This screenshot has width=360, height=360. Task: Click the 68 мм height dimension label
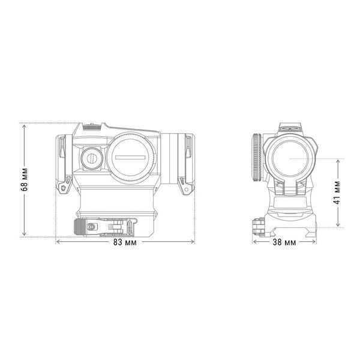[25, 179]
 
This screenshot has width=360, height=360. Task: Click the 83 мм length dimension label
[125, 242]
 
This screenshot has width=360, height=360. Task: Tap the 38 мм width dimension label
[284, 242]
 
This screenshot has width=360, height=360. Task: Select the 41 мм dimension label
[337, 193]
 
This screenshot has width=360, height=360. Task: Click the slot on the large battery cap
[130, 157]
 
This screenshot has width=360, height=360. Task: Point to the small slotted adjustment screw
[92, 158]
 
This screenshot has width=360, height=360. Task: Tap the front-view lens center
[290, 158]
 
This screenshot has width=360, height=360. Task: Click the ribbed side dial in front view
[257, 157]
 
